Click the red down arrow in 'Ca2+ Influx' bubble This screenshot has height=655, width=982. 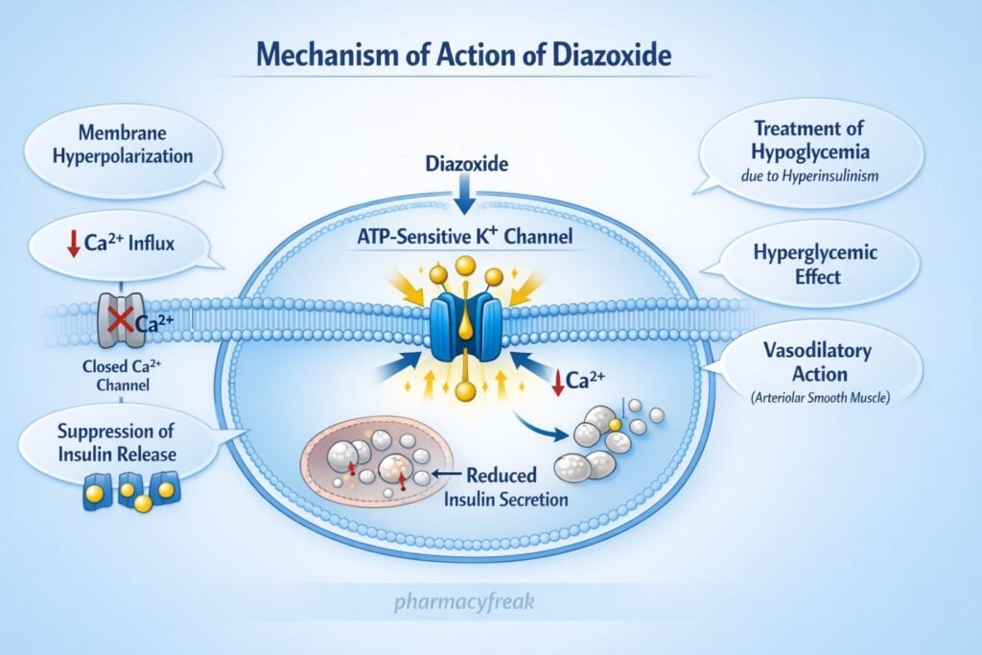[73, 244]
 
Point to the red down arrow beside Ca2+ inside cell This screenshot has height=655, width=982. [557, 383]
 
